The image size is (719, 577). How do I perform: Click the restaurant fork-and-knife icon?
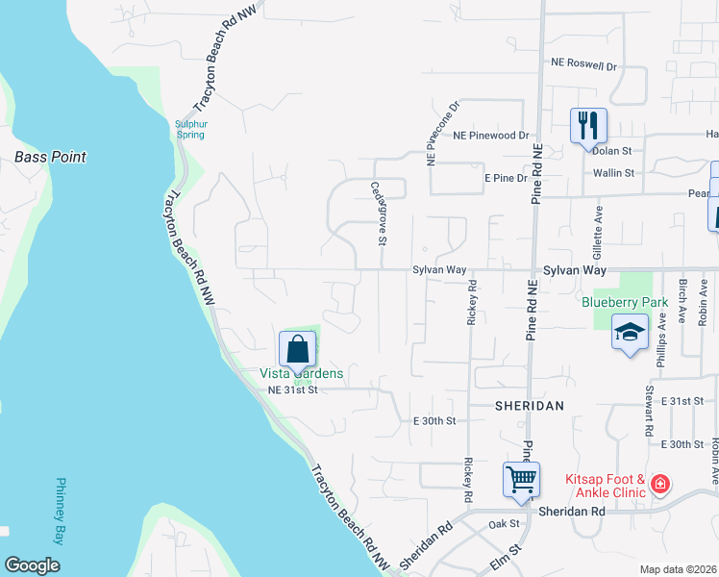coord(588,125)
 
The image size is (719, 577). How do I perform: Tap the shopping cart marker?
coord(521,478)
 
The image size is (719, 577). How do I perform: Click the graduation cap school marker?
coord(630,333)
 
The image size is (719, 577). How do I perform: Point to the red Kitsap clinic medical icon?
coord(659,483)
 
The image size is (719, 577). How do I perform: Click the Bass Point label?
coord(50,157)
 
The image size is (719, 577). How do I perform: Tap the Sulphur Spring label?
coord(190,129)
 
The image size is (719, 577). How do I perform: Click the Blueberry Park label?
coord(625,301)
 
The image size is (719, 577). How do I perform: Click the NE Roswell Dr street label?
coord(583,64)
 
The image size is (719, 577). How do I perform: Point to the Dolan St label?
coord(611,151)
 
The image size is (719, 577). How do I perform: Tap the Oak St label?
coord(504,524)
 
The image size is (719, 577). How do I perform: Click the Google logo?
coord(32,565)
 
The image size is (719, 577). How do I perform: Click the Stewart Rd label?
coord(650,408)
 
